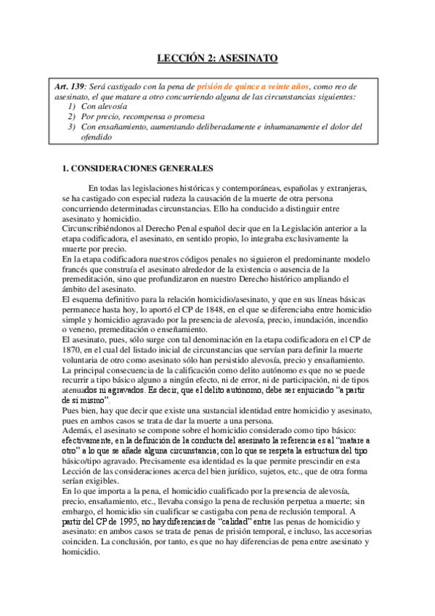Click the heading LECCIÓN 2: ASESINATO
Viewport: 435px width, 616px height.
[217, 58]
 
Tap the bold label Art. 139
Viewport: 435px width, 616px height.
[70, 87]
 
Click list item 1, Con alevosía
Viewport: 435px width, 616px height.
[102, 106]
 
